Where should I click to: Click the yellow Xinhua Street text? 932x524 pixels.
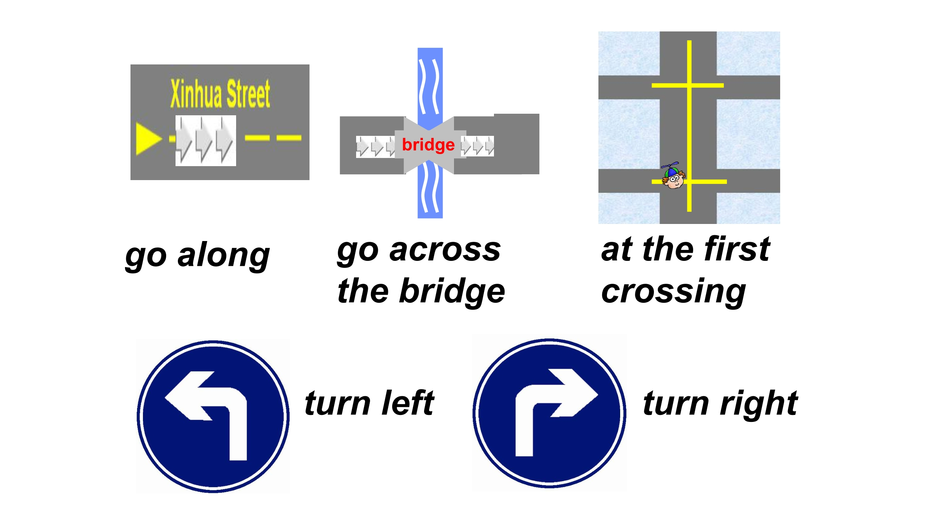(220, 94)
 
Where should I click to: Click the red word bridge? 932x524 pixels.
(428, 145)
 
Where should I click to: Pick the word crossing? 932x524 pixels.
(673, 292)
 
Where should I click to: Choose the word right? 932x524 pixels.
(759, 405)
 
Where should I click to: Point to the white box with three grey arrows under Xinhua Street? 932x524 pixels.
(205, 141)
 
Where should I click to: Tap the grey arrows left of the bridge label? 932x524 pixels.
(375, 147)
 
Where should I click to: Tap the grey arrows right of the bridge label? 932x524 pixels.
(477, 146)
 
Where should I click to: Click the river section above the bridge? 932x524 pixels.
(430, 83)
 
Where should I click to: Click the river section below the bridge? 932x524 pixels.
(430, 190)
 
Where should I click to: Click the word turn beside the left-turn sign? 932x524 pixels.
(338, 404)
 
